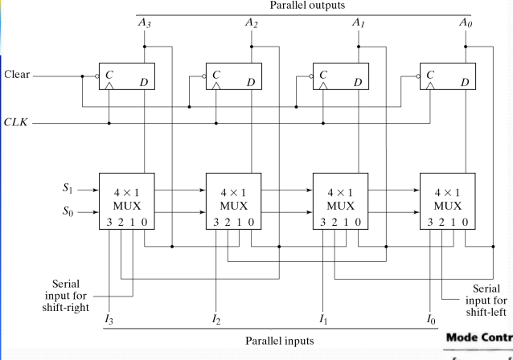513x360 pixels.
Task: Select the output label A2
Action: [252, 22]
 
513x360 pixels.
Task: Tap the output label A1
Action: [359, 22]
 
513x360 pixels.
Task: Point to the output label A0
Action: [466, 22]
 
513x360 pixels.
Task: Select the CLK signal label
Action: [17, 124]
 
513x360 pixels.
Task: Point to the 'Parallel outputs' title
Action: [305, 6]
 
